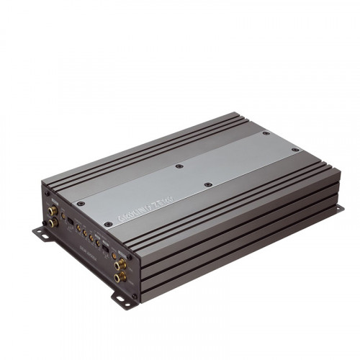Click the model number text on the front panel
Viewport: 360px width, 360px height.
coord(87,246)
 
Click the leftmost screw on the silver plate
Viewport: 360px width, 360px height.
coord(81,204)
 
